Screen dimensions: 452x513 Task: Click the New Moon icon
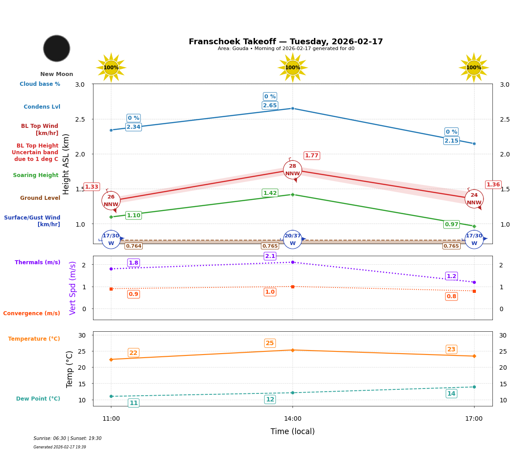coord(57,48)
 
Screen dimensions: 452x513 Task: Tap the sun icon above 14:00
coord(293,68)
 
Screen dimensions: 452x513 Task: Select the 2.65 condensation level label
coord(270,106)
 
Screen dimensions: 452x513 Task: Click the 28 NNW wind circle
coord(293,170)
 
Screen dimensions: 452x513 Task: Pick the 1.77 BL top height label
coord(312,156)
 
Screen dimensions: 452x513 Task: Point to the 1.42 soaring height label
coord(270,193)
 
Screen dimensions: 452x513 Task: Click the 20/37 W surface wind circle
coord(293,240)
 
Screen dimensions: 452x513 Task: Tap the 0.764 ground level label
coord(133,246)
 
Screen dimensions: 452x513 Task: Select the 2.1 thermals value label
coord(270,256)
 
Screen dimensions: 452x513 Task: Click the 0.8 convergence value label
coord(451,296)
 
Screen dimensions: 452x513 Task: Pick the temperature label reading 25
coord(270,343)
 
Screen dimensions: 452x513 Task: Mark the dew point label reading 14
coord(451,393)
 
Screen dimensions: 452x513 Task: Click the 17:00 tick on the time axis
coord(474,419)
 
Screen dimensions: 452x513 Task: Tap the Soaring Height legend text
coord(36,175)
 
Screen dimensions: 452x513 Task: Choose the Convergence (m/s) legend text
coord(32,313)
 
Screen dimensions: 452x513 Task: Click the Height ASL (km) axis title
coord(66,164)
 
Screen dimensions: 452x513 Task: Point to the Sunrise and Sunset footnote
coord(68,439)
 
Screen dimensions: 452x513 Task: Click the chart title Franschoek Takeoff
coord(286,42)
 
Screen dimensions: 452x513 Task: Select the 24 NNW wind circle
coord(474,199)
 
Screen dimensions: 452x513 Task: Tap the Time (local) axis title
coord(293,431)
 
